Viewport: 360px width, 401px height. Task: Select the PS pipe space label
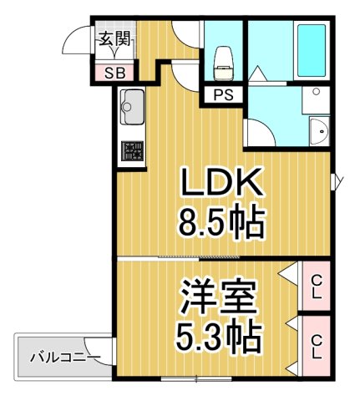click(x=222, y=94)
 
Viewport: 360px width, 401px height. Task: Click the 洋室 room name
click(x=219, y=297)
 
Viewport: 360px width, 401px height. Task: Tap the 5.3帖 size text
click(x=219, y=338)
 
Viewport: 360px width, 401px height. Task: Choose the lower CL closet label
click(x=317, y=347)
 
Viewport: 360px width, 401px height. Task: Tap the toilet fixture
click(x=224, y=58)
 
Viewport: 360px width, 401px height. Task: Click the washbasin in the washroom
click(x=318, y=130)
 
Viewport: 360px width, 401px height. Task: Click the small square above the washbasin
click(x=317, y=94)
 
